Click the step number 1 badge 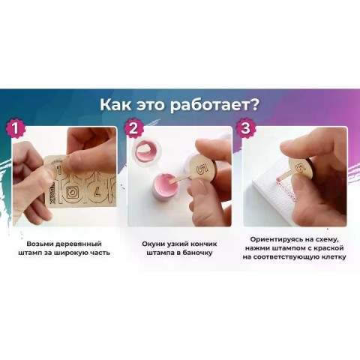click(16, 129)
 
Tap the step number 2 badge click(133, 129)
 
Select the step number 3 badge click(245, 129)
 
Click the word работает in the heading click(209, 105)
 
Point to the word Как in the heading click(115, 105)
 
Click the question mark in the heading click(253, 104)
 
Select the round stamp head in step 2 click(202, 166)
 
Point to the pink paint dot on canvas click(277, 180)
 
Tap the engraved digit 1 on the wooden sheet click(59, 171)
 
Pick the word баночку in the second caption click(198, 253)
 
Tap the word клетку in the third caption click(331, 257)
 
